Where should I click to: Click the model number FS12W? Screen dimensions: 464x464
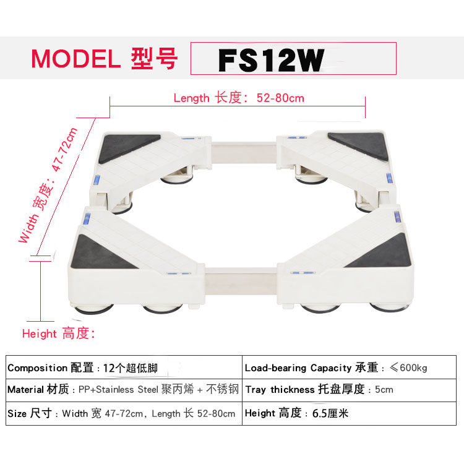coord(271,60)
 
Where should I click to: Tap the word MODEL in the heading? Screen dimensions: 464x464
coord(75,59)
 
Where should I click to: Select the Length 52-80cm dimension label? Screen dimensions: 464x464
coord(238,98)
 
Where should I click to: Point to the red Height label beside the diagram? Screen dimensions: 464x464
coord(59,333)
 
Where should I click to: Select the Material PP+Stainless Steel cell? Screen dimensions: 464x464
coord(123,390)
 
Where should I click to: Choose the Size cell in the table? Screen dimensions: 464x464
coord(123,413)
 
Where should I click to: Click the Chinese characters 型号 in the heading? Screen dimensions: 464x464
coord(155,59)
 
